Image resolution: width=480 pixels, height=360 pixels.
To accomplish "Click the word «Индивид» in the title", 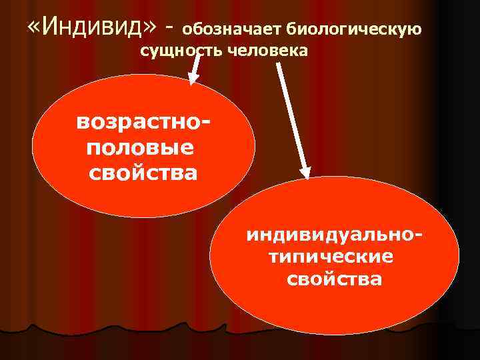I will (93, 28).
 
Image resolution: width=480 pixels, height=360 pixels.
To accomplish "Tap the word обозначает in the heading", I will (232, 29).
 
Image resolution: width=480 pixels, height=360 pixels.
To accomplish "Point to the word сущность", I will (181, 51).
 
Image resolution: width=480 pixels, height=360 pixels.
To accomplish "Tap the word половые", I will (140, 148).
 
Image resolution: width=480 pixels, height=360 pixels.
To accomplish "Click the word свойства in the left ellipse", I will (143, 173).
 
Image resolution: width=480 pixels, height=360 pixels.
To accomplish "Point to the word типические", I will (331, 257).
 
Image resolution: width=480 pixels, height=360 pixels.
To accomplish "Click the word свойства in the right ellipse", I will (335, 279).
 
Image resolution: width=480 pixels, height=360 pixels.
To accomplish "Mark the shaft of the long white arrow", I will (291, 113).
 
